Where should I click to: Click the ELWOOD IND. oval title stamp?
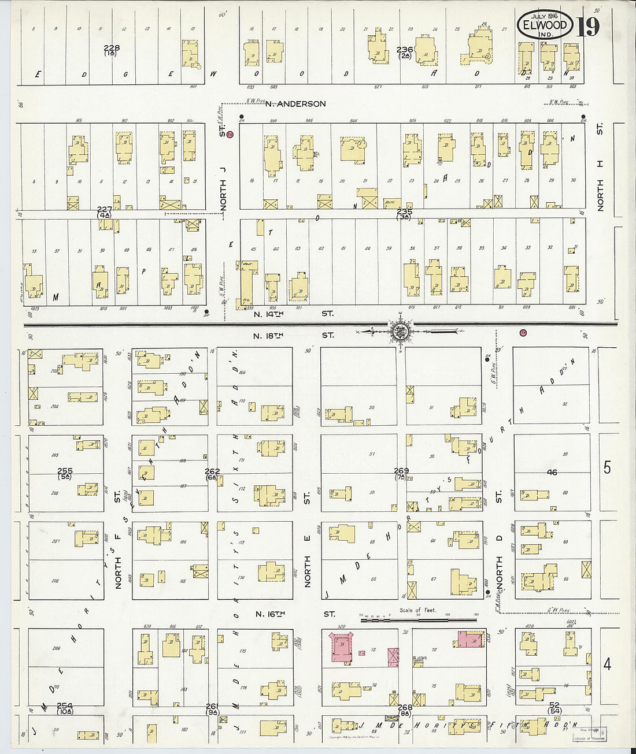point(545,26)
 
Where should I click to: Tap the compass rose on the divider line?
point(400,332)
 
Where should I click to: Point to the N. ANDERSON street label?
point(295,104)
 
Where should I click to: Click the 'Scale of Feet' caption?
point(417,610)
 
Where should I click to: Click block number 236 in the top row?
point(405,50)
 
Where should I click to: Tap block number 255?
point(65,471)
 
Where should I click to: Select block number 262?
point(212,471)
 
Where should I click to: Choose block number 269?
point(401,471)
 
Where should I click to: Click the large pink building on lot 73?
point(341,647)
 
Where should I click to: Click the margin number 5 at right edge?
point(607,467)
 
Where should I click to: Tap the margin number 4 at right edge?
point(607,664)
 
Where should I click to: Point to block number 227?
point(104,210)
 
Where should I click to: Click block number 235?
point(404,212)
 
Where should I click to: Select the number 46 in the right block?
point(552,472)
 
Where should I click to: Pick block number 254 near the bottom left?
point(65,705)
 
